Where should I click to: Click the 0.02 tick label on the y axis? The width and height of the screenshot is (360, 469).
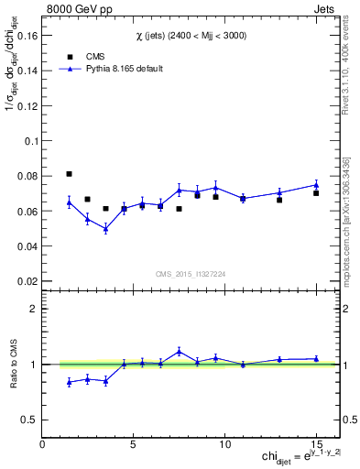28,281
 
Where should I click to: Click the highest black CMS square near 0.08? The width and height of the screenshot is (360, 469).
70,174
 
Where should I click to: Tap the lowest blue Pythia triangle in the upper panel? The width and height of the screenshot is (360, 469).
106,229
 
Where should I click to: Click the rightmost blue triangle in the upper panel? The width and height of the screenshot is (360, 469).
316,184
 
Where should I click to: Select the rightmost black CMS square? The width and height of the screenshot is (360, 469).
316,193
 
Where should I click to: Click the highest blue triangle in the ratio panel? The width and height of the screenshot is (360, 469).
180,351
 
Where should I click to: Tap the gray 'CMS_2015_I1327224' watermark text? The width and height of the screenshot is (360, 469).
190,273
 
